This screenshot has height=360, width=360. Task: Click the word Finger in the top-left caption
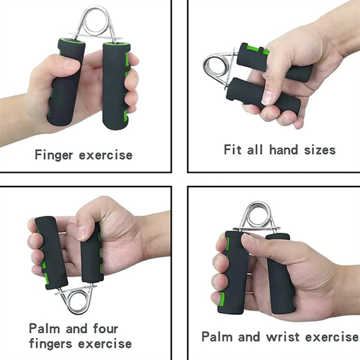(x=54, y=155)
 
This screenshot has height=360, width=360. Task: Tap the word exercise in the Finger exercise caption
(x=106, y=155)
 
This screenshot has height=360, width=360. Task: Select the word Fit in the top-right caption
(x=233, y=149)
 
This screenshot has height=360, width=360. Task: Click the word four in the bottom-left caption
(x=106, y=329)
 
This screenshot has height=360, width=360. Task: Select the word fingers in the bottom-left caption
(x=51, y=344)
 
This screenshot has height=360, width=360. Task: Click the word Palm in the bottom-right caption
(x=217, y=337)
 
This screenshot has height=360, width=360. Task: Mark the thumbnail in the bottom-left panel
(x=82, y=232)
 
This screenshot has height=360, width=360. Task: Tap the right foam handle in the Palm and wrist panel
(x=280, y=274)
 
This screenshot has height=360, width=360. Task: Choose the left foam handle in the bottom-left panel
(x=51, y=253)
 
